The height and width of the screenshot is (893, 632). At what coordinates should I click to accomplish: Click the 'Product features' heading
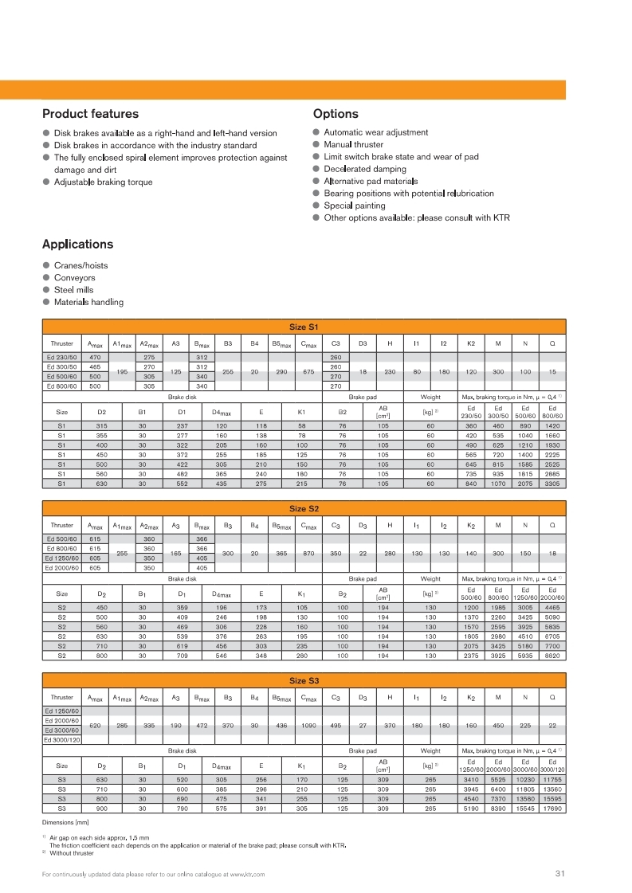[90, 114]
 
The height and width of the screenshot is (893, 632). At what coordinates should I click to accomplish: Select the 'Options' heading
[336, 114]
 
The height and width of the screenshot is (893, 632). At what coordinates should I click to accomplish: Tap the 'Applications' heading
[77, 245]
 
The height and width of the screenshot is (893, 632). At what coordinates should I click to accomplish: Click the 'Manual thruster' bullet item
[353, 145]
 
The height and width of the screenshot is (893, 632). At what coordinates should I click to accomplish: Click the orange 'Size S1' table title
[304, 327]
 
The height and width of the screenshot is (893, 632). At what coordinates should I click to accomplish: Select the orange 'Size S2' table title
[304, 507]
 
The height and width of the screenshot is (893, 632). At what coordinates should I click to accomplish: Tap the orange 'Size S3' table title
[304, 680]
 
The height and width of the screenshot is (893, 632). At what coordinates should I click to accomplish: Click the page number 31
[559, 874]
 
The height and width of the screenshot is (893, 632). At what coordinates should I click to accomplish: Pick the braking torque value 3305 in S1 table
[552, 483]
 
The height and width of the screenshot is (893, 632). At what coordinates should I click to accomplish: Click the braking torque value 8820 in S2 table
[552, 656]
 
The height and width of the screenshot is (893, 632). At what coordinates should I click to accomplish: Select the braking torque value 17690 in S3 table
[552, 809]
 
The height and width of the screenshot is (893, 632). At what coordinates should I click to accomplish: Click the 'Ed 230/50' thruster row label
[61, 358]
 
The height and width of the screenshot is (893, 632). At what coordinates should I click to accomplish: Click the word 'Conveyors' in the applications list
[74, 278]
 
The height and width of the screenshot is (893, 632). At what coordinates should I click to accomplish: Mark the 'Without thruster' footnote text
[71, 853]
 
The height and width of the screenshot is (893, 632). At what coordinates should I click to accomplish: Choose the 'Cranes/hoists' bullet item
[80, 265]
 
